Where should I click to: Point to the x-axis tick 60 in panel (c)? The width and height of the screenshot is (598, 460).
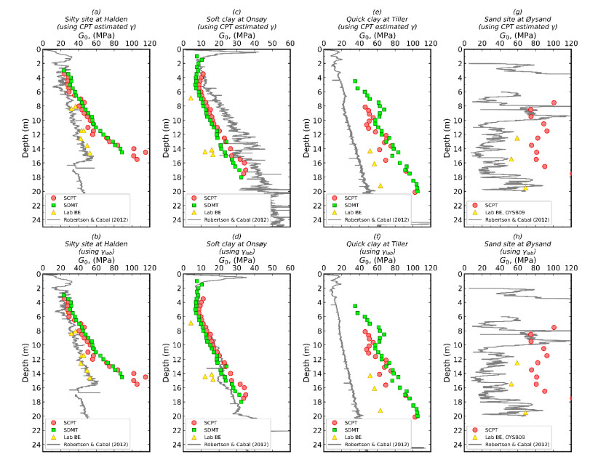pos(290,43)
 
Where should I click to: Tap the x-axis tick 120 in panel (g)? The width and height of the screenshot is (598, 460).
pos(571,43)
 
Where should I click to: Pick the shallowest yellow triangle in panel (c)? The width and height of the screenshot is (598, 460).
pos(191,98)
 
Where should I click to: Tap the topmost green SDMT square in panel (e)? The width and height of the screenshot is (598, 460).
pos(355,81)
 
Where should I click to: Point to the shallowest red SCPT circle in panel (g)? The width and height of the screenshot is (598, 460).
pos(554,102)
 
